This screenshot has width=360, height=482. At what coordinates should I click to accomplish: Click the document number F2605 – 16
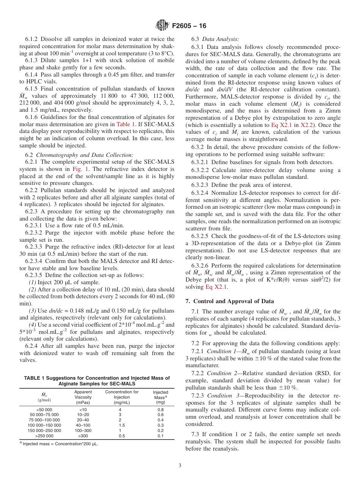click(189, 26)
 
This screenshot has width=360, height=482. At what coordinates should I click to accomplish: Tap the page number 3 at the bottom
click(180, 465)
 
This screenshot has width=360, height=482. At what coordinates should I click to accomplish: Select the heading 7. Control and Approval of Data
click(230, 301)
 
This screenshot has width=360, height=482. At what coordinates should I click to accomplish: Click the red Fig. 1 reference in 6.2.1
click(79, 169)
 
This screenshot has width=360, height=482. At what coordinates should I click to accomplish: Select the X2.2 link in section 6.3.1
click(307, 125)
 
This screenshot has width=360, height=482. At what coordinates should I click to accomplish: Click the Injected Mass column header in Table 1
click(160, 394)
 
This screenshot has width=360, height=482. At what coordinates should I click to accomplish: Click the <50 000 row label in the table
click(44, 410)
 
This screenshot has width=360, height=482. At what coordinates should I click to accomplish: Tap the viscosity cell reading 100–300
click(83, 430)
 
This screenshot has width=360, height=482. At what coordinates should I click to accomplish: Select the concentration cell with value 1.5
click(120, 425)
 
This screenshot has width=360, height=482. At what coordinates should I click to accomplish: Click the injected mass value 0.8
click(160, 410)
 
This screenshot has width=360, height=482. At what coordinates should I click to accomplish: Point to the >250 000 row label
click(44, 436)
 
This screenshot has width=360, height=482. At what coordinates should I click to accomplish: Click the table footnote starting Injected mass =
click(60, 444)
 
